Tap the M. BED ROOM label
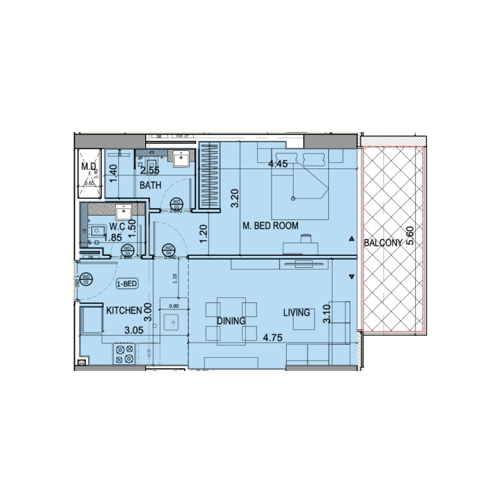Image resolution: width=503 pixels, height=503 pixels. click(270, 225)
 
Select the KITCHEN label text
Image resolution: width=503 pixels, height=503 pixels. click(124, 311)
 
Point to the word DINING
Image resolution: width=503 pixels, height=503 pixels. click(231, 321)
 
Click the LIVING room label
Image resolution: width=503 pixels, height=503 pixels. click(296, 312)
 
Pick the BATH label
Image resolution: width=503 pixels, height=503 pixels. click(151, 185)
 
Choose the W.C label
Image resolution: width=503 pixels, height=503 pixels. click(119, 226)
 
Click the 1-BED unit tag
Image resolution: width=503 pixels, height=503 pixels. click(126, 284)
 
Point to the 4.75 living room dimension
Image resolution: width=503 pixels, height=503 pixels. click(273, 338)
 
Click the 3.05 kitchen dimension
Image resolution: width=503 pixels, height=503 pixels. click(133, 329)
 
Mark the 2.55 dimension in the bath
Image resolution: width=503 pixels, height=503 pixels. click(149, 170)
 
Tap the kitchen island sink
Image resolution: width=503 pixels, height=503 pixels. click(172, 323)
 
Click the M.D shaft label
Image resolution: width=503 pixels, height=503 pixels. click(87, 167)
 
